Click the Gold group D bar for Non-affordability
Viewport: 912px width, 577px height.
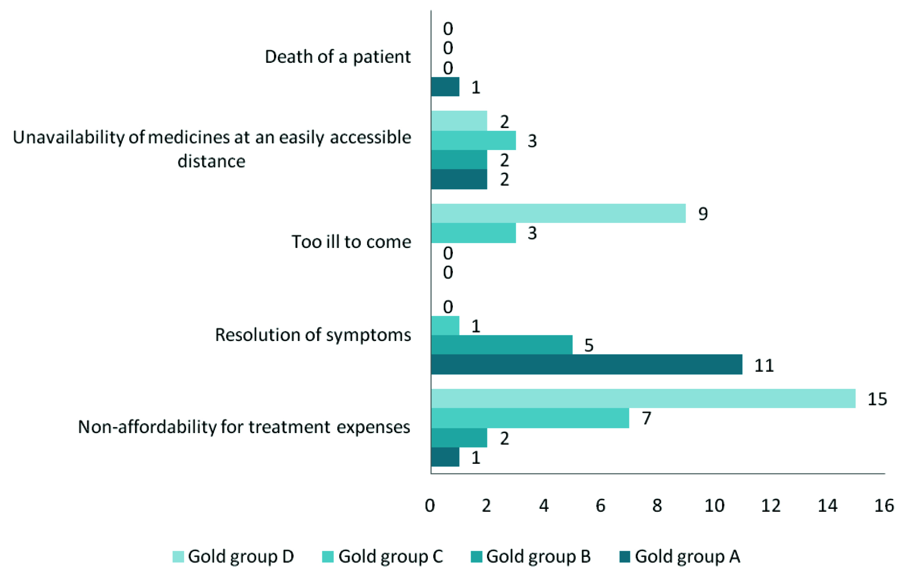pyautogui.click(x=643, y=399)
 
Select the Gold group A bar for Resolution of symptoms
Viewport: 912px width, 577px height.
pyautogui.click(x=586, y=365)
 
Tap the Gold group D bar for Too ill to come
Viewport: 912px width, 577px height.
pyautogui.click(x=558, y=213)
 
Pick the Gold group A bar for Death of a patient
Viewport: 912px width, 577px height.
pyautogui.click(x=445, y=87)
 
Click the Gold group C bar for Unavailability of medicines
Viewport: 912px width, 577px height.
pyautogui.click(x=474, y=141)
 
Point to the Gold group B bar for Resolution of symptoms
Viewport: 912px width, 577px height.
pyautogui.click(x=502, y=345)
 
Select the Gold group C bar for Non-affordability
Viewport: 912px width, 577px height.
pyautogui.click(x=530, y=418)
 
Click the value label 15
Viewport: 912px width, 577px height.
pyautogui.click(x=877, y=399)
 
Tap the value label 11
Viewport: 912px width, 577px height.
pyautogui.click(x=764, y=365)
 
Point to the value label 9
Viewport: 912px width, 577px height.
pyautogui.click(x=703, y=213)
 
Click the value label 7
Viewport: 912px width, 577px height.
pyautogui.click(x=647, y=418)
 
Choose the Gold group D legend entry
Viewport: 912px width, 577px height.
pyautogui.click(x=234, y=556)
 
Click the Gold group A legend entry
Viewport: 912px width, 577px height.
pyautogui.click(x=680, y=556)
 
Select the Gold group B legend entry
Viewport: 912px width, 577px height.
pyautogui.click(x=531, y=556)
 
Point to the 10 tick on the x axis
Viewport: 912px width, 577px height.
pyautogui.click(x=714, y=506)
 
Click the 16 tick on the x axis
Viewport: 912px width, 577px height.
pyautogui.click(x=884, y=506)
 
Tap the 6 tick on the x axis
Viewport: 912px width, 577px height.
pyautogui.click(x=601, y=506)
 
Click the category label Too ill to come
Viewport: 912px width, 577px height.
pyautogui.click(x=351, y=242)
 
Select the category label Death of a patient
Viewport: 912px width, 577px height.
pyautogui.click(x=338, y=57)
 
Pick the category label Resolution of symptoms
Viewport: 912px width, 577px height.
pyautogui.click(x=313, y=335)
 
